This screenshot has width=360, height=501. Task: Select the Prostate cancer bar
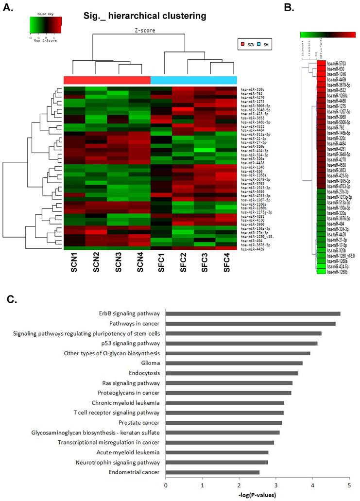click(224, 422)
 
